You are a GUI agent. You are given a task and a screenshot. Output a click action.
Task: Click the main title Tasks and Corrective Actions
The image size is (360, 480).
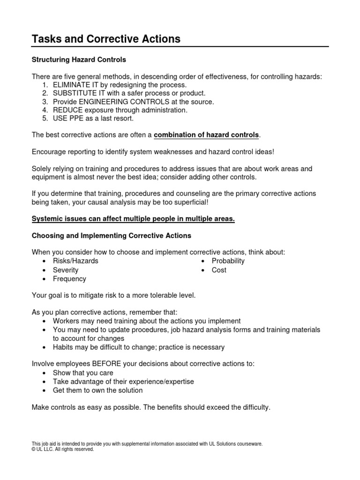(106, 39)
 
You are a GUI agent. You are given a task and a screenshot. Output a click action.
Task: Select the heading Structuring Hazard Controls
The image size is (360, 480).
(79, 60)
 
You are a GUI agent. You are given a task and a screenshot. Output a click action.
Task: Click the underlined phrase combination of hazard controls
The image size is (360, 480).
(206, 135)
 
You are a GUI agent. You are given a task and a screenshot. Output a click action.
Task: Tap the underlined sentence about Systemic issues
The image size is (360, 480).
(133, 219)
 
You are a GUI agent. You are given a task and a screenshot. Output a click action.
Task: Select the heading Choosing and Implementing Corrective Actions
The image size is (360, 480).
(111, 235)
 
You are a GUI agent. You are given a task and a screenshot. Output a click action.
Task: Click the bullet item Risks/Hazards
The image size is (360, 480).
(75, 261)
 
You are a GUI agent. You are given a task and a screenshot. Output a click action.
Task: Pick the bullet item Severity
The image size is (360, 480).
(66, 270)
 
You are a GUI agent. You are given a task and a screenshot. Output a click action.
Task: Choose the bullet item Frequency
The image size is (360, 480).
(69, 278)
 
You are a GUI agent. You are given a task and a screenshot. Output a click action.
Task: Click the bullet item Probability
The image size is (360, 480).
(228, 261)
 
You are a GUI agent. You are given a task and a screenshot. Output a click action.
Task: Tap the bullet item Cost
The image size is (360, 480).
(219, 270)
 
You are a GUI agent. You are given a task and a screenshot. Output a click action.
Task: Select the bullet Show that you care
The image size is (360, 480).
(82, 373)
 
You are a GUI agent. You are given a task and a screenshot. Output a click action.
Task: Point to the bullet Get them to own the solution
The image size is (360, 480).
(97, 390)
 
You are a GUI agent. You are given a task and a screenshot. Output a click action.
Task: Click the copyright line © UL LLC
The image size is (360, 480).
(63, 449)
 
